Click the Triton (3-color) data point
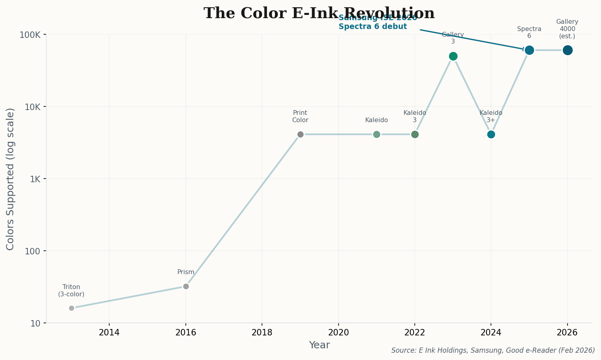coord(71,308)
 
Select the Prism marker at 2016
coord(186,286)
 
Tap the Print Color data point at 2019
coord(300,134)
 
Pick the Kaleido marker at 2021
coord(376,134)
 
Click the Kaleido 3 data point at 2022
coord(415,134)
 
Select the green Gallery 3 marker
coord(453,56)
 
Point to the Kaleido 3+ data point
coord(491,134)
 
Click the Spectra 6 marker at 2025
coord(529,50)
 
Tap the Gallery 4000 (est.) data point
coord(568,50)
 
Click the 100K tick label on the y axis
coord(30,35)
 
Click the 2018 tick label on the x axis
coord(262,333)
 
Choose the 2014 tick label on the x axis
coord(109,333)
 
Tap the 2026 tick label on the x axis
coord(567,333)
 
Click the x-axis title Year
coord(319,345)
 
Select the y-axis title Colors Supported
coord(10,179)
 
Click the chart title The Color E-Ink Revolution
coord(319,13)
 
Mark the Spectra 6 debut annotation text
coord(372,27)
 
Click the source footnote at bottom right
coord(493,350)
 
